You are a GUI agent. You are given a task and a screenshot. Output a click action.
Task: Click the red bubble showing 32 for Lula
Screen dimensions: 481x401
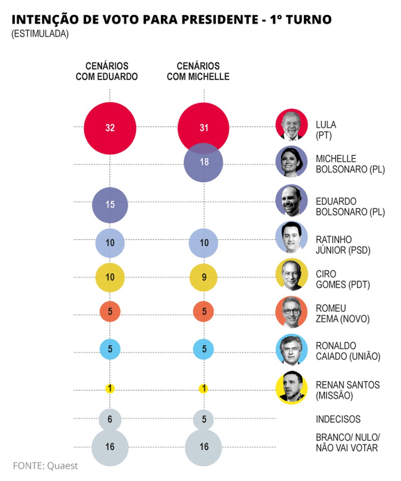coord(110,127)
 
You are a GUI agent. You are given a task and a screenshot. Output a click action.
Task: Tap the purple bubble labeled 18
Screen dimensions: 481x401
coord(203,163)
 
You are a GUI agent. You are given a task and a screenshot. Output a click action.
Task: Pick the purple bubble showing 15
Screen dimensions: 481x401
coord(110,205)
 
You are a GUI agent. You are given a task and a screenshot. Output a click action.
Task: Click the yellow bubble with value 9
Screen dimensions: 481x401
coord(204,278)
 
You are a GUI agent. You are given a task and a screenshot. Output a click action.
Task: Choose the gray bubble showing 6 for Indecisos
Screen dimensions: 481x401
coord(110,419)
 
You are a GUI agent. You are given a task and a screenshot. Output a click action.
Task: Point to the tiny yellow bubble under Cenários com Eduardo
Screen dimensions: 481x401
coord(110,389)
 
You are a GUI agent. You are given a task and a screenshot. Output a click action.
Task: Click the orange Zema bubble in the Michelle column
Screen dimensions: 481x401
coord(204,312)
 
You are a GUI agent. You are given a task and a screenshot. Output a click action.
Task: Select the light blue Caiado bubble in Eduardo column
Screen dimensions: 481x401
coord(110,349)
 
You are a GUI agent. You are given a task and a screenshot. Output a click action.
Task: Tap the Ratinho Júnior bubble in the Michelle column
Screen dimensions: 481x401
coord(204,243)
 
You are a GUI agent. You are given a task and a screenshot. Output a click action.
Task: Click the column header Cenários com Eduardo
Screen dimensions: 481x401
coord(107,71)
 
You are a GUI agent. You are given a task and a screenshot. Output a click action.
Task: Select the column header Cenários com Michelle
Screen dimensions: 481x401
coord(198,71)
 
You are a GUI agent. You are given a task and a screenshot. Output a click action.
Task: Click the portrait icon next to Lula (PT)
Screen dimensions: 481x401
coord(291,125)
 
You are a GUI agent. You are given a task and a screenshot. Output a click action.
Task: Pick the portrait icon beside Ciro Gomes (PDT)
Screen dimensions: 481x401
coord(291,274)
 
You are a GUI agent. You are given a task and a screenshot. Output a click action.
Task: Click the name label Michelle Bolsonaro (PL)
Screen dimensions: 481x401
coord(350,164)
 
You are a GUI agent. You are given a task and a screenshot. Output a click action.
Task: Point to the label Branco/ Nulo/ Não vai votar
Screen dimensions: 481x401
coord(347,442)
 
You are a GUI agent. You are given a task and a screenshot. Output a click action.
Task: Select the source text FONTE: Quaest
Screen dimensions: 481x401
coord(45,465)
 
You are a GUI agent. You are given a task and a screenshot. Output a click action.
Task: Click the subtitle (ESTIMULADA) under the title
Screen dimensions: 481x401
coord(40,34)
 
